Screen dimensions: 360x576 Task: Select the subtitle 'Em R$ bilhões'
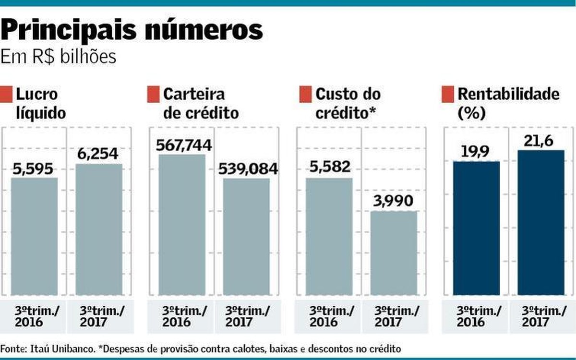[59, 57]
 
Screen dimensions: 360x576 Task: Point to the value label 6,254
[98, 155]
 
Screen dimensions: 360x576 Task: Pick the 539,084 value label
[248, 169]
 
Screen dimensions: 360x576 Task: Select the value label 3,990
[393, 201]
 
